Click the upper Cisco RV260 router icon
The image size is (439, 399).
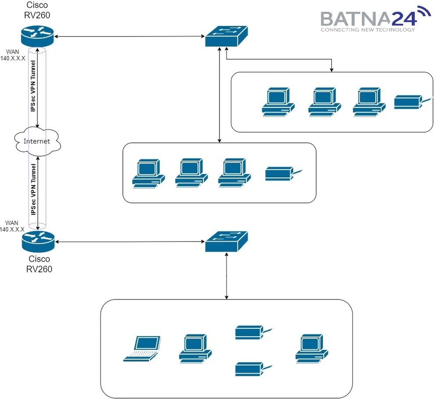37,35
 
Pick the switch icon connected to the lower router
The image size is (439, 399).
226,242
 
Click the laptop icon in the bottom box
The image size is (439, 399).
142,349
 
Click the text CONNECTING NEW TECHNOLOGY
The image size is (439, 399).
367,30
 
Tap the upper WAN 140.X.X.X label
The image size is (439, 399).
13,55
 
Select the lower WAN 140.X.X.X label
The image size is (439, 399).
13,226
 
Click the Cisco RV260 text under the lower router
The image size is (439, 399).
39,264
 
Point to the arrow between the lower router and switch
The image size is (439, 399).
130,242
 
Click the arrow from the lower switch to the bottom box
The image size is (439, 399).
227,276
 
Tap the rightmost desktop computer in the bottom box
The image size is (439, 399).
312,349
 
